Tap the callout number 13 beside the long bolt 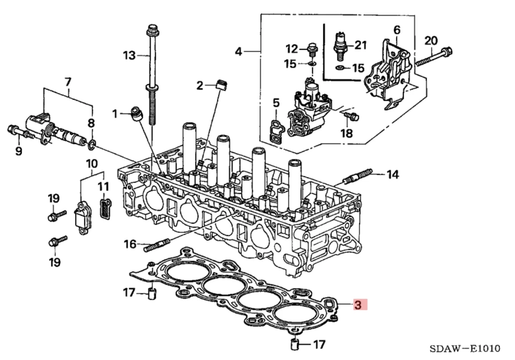click(x=129, y=55)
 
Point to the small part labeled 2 click(x=219, y=84)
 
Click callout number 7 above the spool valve click(x=68, y=82)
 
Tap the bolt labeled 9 click(x=16, y=130)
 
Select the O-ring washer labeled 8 click(x=92, y=144)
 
